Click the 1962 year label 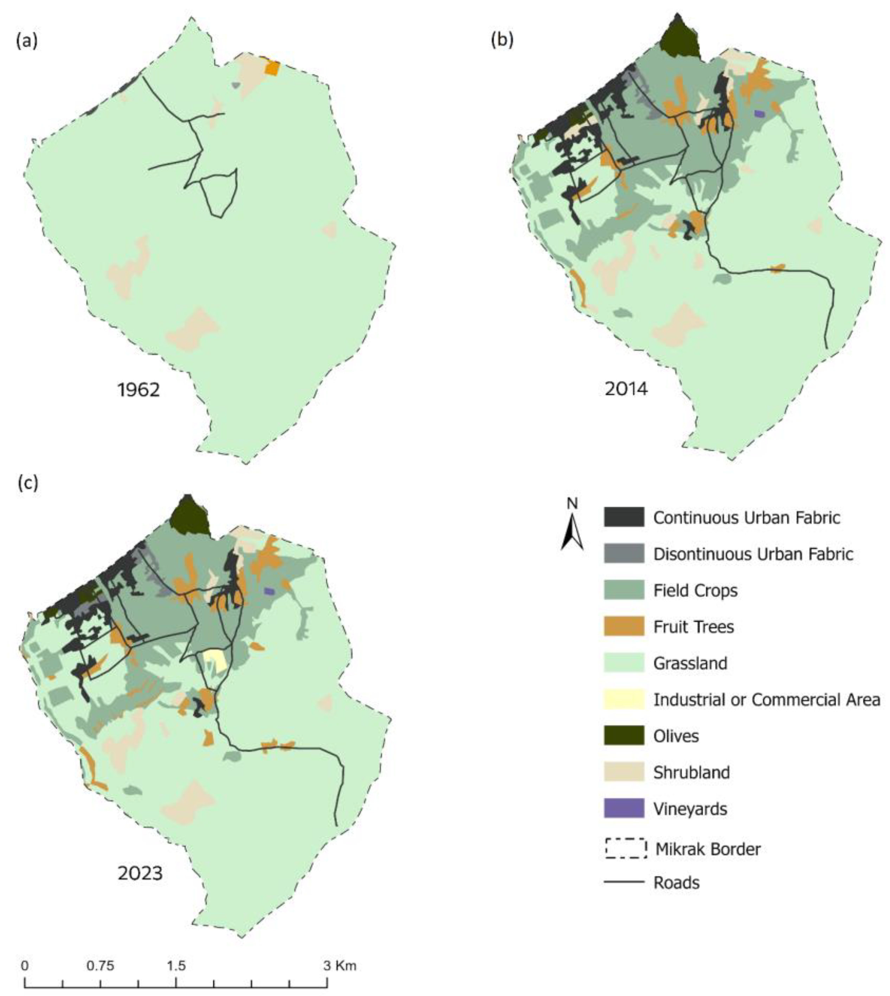(x=139, y=390)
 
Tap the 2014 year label (x=626, y=389)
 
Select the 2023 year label (x=140, y=873)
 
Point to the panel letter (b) (x=502, y=40)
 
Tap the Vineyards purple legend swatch (x=623, y=808)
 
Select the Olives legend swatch (x=623, y=735)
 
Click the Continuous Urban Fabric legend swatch (x=623, y=517)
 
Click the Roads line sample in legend (x=623, y=882)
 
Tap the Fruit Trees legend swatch (x=623, y=626)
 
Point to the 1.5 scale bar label (x=176, y=966)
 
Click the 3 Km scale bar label (x=340, y=966)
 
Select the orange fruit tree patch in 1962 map (x=271, y=68)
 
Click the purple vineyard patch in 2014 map (x=758, y=114)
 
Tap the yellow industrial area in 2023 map (x=214, y=661)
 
